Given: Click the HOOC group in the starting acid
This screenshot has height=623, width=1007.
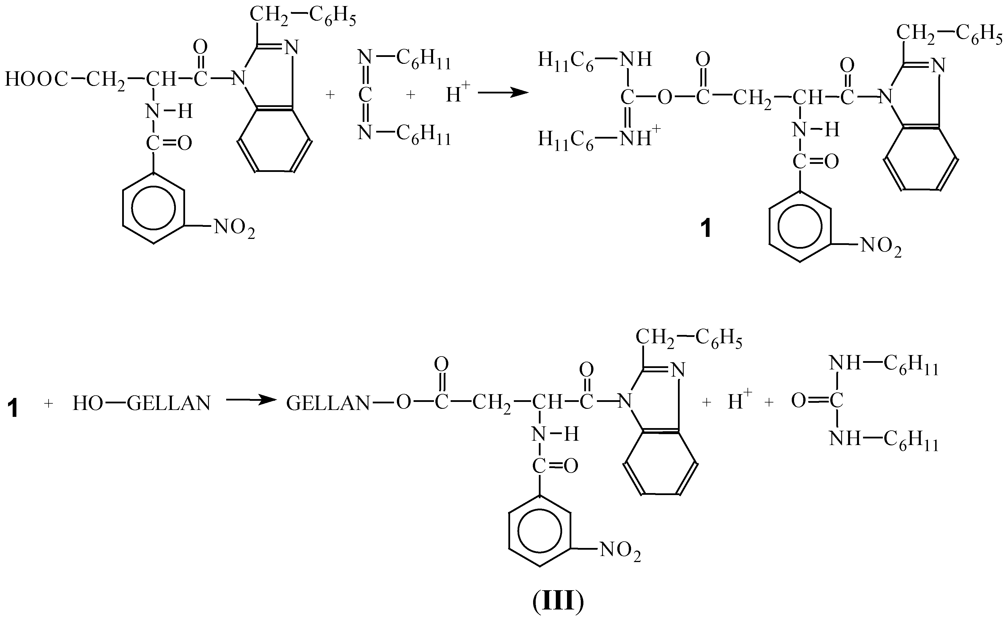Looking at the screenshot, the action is (36, 79).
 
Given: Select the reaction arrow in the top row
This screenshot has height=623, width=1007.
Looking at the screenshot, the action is (503, 93).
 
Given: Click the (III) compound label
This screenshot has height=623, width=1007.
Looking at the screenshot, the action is (558, 602).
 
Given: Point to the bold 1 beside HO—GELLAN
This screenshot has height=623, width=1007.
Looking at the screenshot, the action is (14, 410).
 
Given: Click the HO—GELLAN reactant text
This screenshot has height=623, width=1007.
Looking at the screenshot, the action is (141, 403).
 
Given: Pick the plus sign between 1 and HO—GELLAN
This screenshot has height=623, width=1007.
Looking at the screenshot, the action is (49, 403).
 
